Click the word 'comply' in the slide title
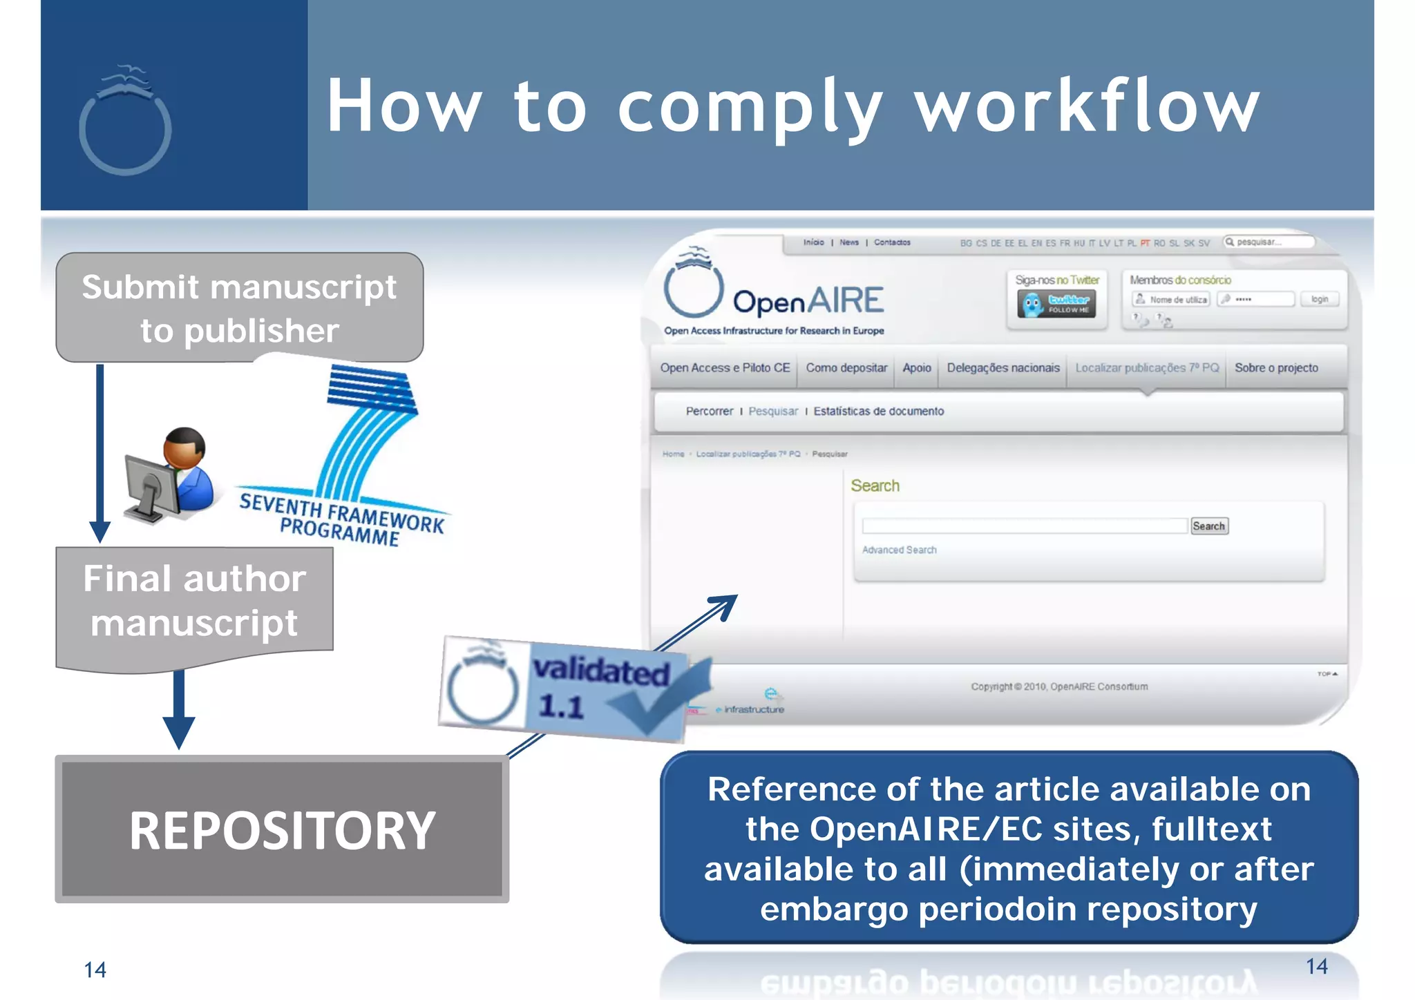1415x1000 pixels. coord(750,107)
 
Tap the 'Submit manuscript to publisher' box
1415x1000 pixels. coord(239,307)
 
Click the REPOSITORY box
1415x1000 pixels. coord(282,829)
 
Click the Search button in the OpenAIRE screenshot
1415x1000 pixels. coord(1208,526)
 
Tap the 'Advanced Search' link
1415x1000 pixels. coord(899,550)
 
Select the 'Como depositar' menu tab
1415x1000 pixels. coord(846,368)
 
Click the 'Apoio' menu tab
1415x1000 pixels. coord(917,368)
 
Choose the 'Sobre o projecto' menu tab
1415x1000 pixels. coord(1276,368)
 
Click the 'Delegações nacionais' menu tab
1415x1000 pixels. coord(1003,368)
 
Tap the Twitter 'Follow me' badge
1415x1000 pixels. coord(1056,304)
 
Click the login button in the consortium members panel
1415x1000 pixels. coord(1319,299)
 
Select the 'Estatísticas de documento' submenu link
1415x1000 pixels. coord(878,412)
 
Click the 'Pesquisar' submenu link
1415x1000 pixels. coord(773,412)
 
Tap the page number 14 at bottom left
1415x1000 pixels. coord(95,970)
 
